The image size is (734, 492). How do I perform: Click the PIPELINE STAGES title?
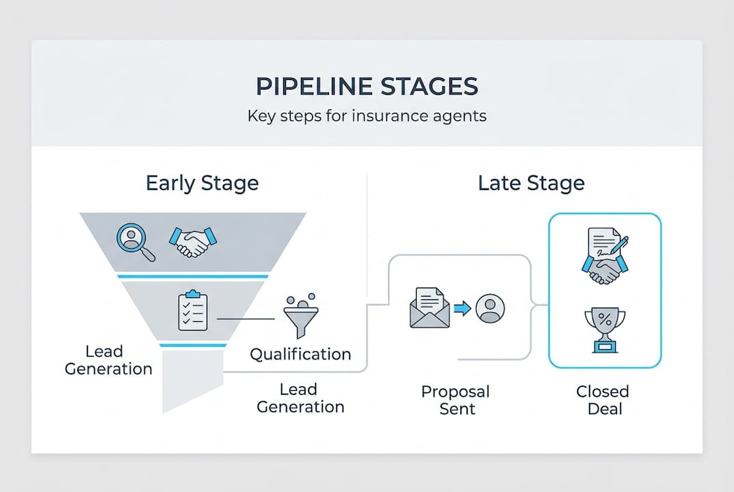(x=367, y=87)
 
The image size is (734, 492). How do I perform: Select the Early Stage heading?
(x=202, y=183)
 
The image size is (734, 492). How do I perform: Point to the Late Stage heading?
(x=531, y=183)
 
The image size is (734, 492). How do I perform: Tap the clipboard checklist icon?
(x=192, y=312)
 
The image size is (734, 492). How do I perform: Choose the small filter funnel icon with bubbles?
(x=299, y=316)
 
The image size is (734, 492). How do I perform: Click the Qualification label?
(x=300, y=354)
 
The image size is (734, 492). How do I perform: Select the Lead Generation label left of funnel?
(x=108, y=360)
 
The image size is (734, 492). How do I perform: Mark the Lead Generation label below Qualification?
(x=300, y=398)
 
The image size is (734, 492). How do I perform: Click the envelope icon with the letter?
(x=430, y=309)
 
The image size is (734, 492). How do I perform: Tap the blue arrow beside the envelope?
(x=463, y=309)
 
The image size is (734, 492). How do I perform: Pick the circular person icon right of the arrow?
(x=490, y=309)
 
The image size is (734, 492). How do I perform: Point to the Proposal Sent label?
(x=455, y=400)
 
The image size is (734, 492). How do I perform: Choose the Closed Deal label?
(x=602, y=400)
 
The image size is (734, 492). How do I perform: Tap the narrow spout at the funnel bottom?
(x=192, y=379)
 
